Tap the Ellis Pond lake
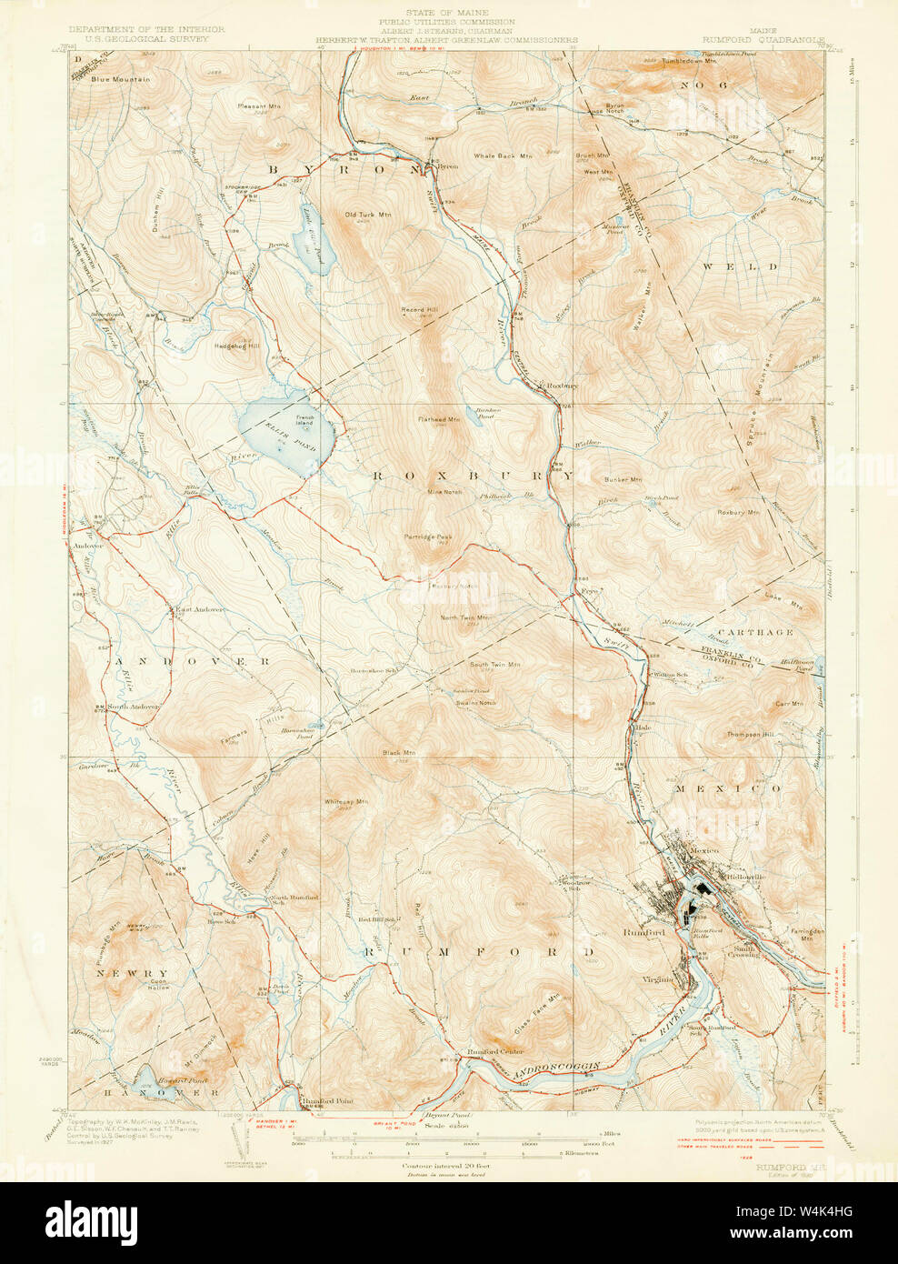tap(286, 435)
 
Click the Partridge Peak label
tap(428, 537)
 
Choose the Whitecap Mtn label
tap(346, 802)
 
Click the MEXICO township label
tap(727, 788)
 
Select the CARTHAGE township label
tap(755, 631)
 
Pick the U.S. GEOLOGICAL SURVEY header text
tap(141, 40)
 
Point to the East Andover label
tap(200, 609)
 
